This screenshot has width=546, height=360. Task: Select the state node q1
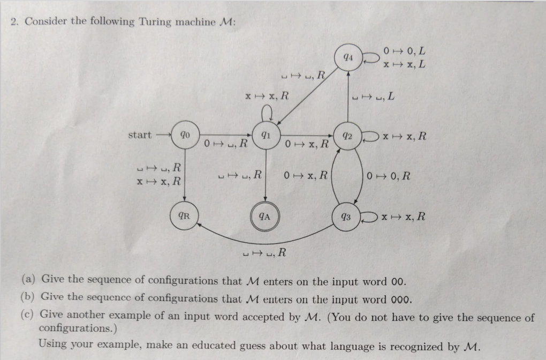264,136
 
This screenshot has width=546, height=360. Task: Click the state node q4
348,58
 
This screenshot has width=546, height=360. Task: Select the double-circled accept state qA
264,217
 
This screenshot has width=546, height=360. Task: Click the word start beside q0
140,135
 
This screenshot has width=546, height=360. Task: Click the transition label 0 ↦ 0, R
389,176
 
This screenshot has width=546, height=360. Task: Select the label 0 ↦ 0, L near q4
405,51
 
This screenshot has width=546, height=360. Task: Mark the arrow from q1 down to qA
264,177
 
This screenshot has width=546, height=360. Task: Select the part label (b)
28,297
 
